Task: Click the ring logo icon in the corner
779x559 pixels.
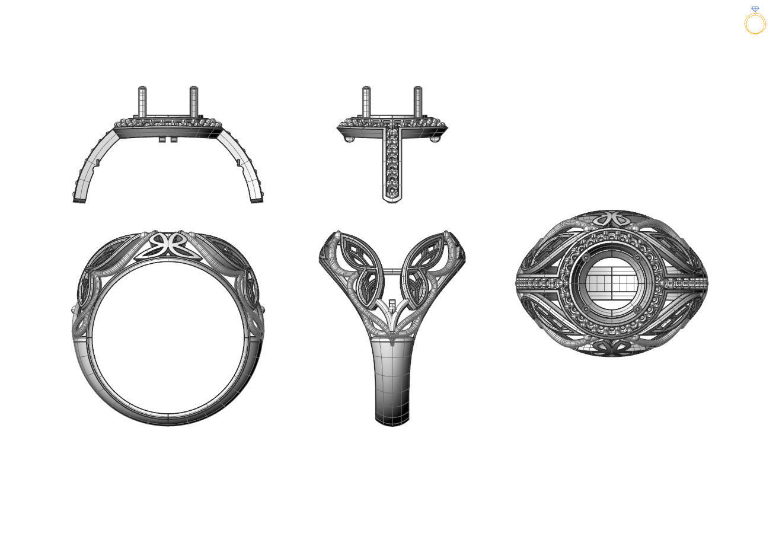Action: [755, 21]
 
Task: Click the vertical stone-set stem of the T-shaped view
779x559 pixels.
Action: [392, 163]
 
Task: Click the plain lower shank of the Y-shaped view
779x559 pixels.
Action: [392, 379]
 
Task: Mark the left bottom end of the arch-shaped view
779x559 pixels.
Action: [79, 197]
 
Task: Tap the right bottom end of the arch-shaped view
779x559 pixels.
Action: [257, 197]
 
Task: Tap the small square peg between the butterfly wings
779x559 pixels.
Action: [392, 305]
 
